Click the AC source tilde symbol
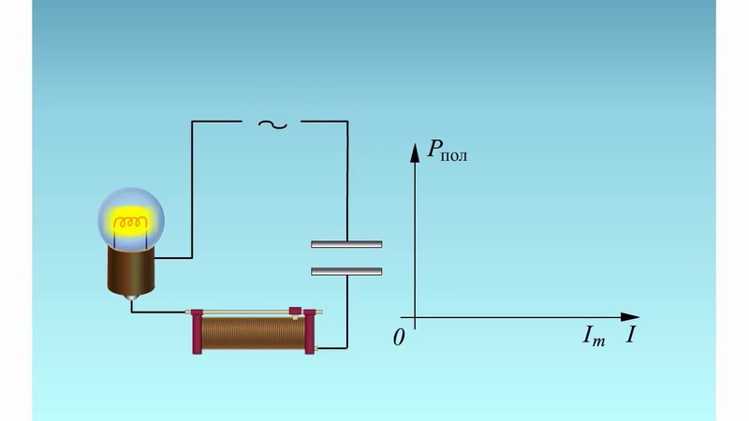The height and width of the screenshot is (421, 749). tap(272, 123)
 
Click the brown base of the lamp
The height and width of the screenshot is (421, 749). tap(132, 271)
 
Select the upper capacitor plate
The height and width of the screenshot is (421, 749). tap(346, 245)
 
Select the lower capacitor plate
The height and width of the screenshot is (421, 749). tap(346, 272)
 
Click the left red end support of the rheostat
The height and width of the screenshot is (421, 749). tap(197, 331)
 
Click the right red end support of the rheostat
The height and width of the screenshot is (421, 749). tap(310, 333)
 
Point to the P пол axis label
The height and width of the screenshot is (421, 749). tap(448, 150)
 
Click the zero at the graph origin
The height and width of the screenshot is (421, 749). tap(399, 338)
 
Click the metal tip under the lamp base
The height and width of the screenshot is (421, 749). tap(132, 298)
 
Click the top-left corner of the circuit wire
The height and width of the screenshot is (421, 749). tap(193, 122)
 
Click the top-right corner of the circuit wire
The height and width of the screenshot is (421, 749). tap(346, 122)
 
